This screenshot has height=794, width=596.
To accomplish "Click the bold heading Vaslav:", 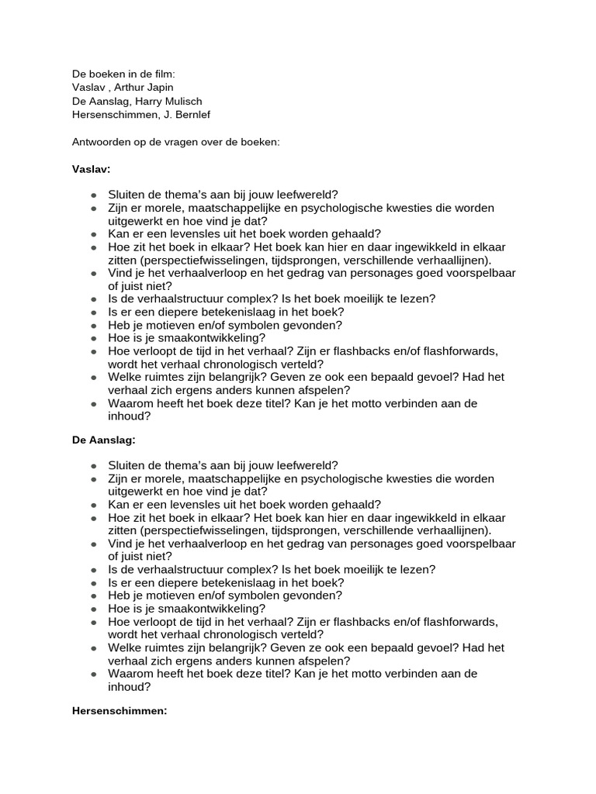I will click(91, 168).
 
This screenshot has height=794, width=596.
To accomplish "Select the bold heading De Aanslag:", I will click(103, 439).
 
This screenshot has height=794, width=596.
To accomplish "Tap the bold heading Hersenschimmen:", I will click(120, 709).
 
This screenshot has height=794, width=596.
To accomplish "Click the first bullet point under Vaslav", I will click(93, 195).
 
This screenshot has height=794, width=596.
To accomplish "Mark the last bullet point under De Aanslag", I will click(93, 674).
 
